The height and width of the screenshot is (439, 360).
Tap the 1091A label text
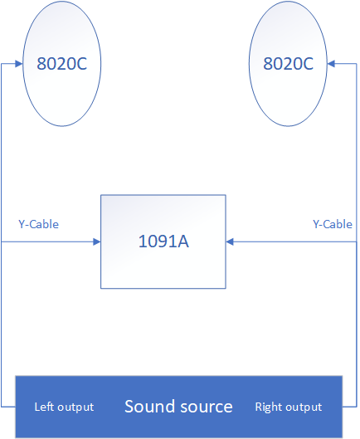pos(163,241)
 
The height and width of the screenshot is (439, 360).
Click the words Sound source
pos(178,407)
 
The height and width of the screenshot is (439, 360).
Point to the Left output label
pos(64,407)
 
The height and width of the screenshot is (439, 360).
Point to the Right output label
pos(289,407)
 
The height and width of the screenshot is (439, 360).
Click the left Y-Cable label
pos(39,224)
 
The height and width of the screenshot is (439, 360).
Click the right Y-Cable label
pos(333,224)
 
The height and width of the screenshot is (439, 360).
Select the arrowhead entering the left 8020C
pos(19,64)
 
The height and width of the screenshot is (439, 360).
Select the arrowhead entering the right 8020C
pos(331,64)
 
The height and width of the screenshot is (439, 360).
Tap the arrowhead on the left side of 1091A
pos(96,241)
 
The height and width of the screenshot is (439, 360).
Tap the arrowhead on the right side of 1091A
pos(230,241)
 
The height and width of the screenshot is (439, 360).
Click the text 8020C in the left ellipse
pos(62,64)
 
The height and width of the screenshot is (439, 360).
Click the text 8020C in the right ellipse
pos(288,64)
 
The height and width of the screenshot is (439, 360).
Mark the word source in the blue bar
pos(207,407)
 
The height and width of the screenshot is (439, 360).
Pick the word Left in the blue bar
pos(42,407)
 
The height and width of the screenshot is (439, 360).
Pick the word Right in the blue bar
pos(269,407)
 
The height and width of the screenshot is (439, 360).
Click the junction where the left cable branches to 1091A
pos(2,241)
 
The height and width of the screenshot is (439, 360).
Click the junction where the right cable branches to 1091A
pos(357,241)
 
